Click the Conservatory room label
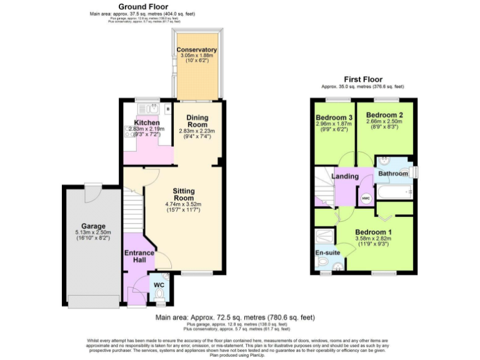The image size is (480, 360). click(196, 50)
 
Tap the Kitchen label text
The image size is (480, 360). click(147, 122)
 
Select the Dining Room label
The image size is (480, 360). click(197, 121)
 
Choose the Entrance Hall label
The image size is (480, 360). click(139, 256)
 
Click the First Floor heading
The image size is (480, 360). click(363, 79)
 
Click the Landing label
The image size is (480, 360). click(344, 176)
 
